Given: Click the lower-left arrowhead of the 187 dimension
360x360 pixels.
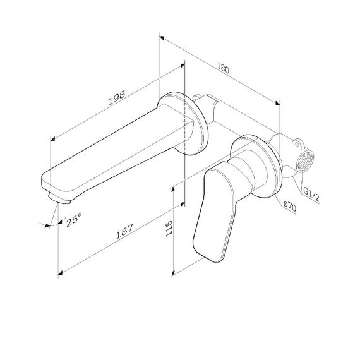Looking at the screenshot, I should tap(61, 273).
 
